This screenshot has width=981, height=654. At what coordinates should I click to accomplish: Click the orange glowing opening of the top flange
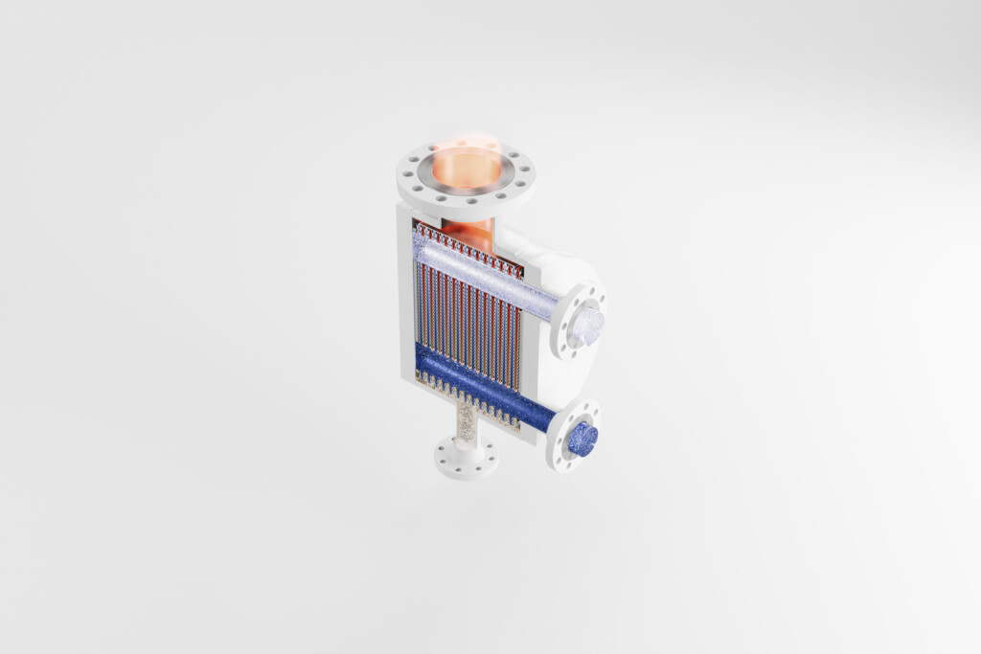(x=466, y=169)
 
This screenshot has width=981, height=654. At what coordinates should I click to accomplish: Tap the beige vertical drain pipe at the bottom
(x=466, y=420)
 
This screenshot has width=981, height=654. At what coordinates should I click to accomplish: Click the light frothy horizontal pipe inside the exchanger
(x=479, y=272)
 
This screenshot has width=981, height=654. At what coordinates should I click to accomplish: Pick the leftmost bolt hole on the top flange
(x=406, y=176)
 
